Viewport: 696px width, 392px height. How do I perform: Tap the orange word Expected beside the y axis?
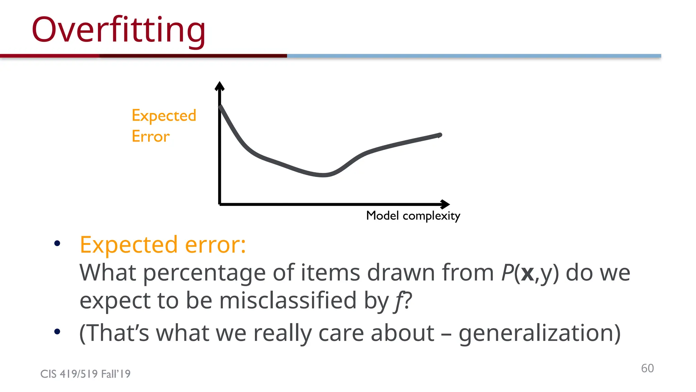(164, 116)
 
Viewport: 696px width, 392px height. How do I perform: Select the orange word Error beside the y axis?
(151, 136)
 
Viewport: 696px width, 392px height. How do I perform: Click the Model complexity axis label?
(413, 216)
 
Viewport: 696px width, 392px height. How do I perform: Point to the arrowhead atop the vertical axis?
(220, 86)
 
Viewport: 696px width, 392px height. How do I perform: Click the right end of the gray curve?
(439, 135)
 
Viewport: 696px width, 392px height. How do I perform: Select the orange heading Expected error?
(163, 245)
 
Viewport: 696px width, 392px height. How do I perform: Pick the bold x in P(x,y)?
(527, 273)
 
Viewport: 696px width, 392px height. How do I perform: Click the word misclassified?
(288, 300)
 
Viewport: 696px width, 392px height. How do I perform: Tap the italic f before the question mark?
(398, 301)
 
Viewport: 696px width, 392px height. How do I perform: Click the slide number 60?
(647, 368)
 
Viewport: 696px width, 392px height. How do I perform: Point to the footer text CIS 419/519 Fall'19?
(85, 374)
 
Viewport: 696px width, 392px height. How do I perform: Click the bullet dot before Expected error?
(57, 243)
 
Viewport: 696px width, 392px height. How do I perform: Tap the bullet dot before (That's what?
(57, 331)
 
